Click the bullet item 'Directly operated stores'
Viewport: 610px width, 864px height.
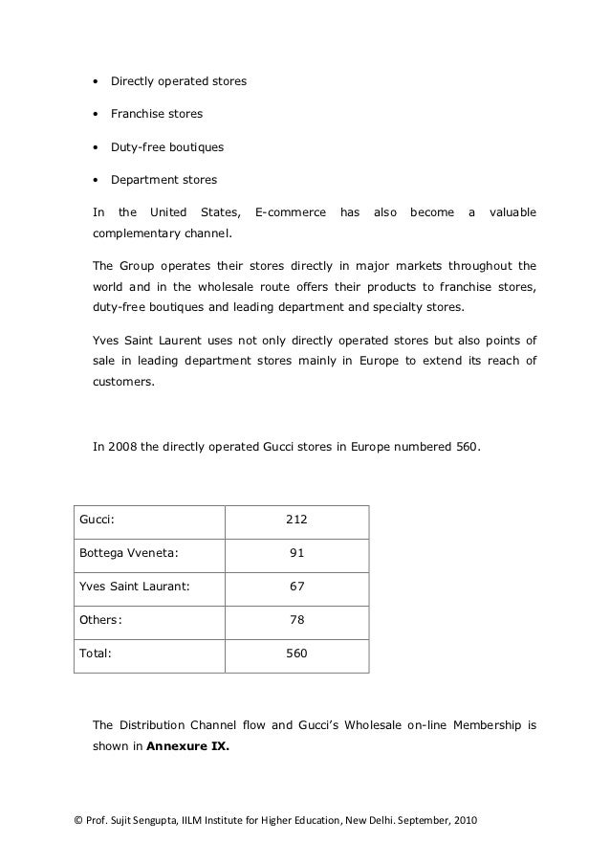pos(178,81)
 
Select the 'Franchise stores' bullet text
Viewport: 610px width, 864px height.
pos(156,114)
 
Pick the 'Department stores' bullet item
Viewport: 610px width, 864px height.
pos(163,180)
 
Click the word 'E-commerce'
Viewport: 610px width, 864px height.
pos(290,212)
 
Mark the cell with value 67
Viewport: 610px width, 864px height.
pos(296,587)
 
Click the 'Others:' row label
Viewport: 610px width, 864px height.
pos(99,620)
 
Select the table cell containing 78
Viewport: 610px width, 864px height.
pos(296,620)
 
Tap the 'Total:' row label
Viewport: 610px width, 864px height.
pos(96,654)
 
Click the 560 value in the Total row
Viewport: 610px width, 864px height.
pos(296,654)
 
